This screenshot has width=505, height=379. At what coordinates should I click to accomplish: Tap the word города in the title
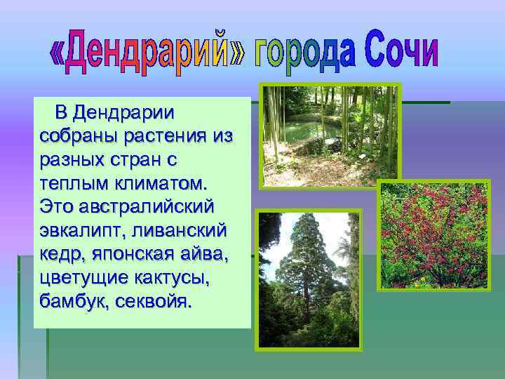(x=298, y=52)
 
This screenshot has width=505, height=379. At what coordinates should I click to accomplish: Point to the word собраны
(x=71, y=135)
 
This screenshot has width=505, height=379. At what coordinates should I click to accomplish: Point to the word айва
(x=207, y=255)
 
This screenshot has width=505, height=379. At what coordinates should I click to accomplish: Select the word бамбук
(x=67, y=302)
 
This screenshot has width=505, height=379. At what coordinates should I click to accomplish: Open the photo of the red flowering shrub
(x=433, y=235)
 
